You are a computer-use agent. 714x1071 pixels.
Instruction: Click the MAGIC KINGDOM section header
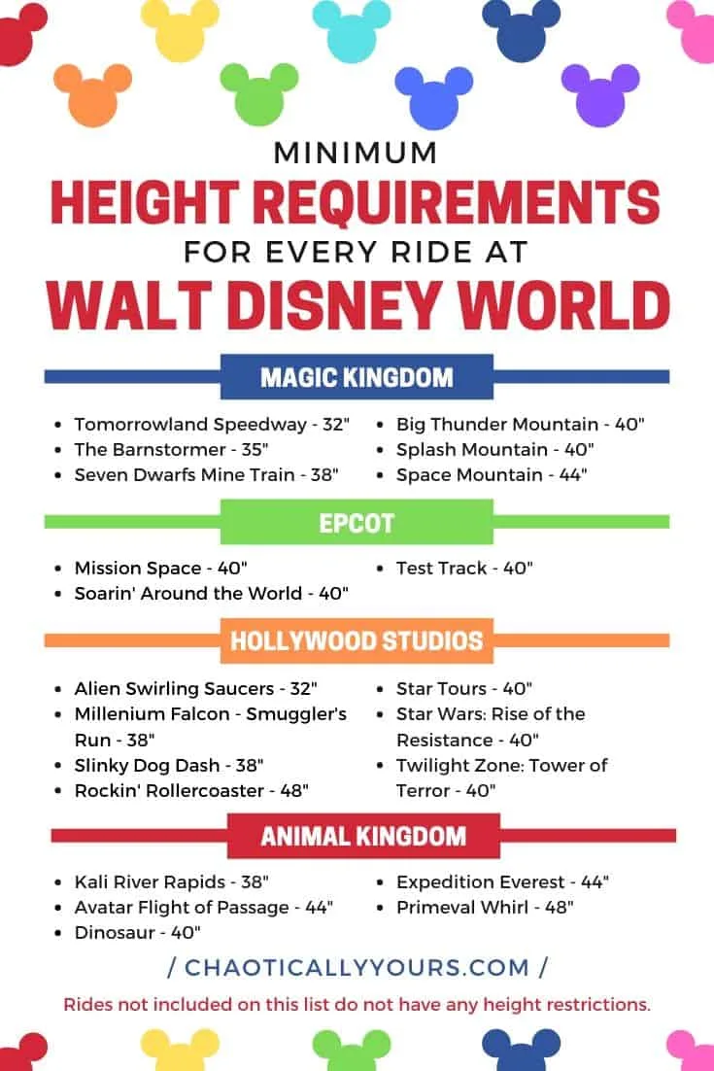pos(357,377)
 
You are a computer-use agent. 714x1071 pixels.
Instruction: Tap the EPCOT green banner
pos(357,523)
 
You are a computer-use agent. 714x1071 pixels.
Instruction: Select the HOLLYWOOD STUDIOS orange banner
pos(357,640)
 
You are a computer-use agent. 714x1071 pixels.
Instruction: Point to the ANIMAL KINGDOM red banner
pos(363,836)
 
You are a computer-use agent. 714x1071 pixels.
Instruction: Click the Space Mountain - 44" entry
pos(492,474)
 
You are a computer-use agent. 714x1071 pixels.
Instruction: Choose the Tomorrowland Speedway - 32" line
pos(212,424)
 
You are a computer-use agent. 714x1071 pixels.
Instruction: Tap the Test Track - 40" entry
pos(464,568)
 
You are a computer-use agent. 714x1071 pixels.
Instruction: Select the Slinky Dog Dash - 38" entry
pos(169,765)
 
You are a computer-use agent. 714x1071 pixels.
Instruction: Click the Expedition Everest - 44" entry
pos(502,881)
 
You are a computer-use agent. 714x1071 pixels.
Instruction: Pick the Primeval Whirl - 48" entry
pos(485,907)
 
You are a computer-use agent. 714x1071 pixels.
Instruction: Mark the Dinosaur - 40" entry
pos(137,932)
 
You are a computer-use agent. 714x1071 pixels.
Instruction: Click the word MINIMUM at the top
pos(355,153)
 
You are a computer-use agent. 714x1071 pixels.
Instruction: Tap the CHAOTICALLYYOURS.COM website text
pos(357,967)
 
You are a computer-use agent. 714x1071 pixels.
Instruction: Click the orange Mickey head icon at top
pos(92,95)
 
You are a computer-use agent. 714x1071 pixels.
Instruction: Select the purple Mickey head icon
pos(600,95)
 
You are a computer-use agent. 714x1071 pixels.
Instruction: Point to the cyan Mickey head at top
pos(352,31)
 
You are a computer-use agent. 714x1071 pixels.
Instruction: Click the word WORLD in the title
pos(563,305)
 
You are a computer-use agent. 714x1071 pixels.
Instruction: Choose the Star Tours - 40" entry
pos(464,688)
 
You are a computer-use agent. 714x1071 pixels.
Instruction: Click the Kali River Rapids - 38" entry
pos(171,881)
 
